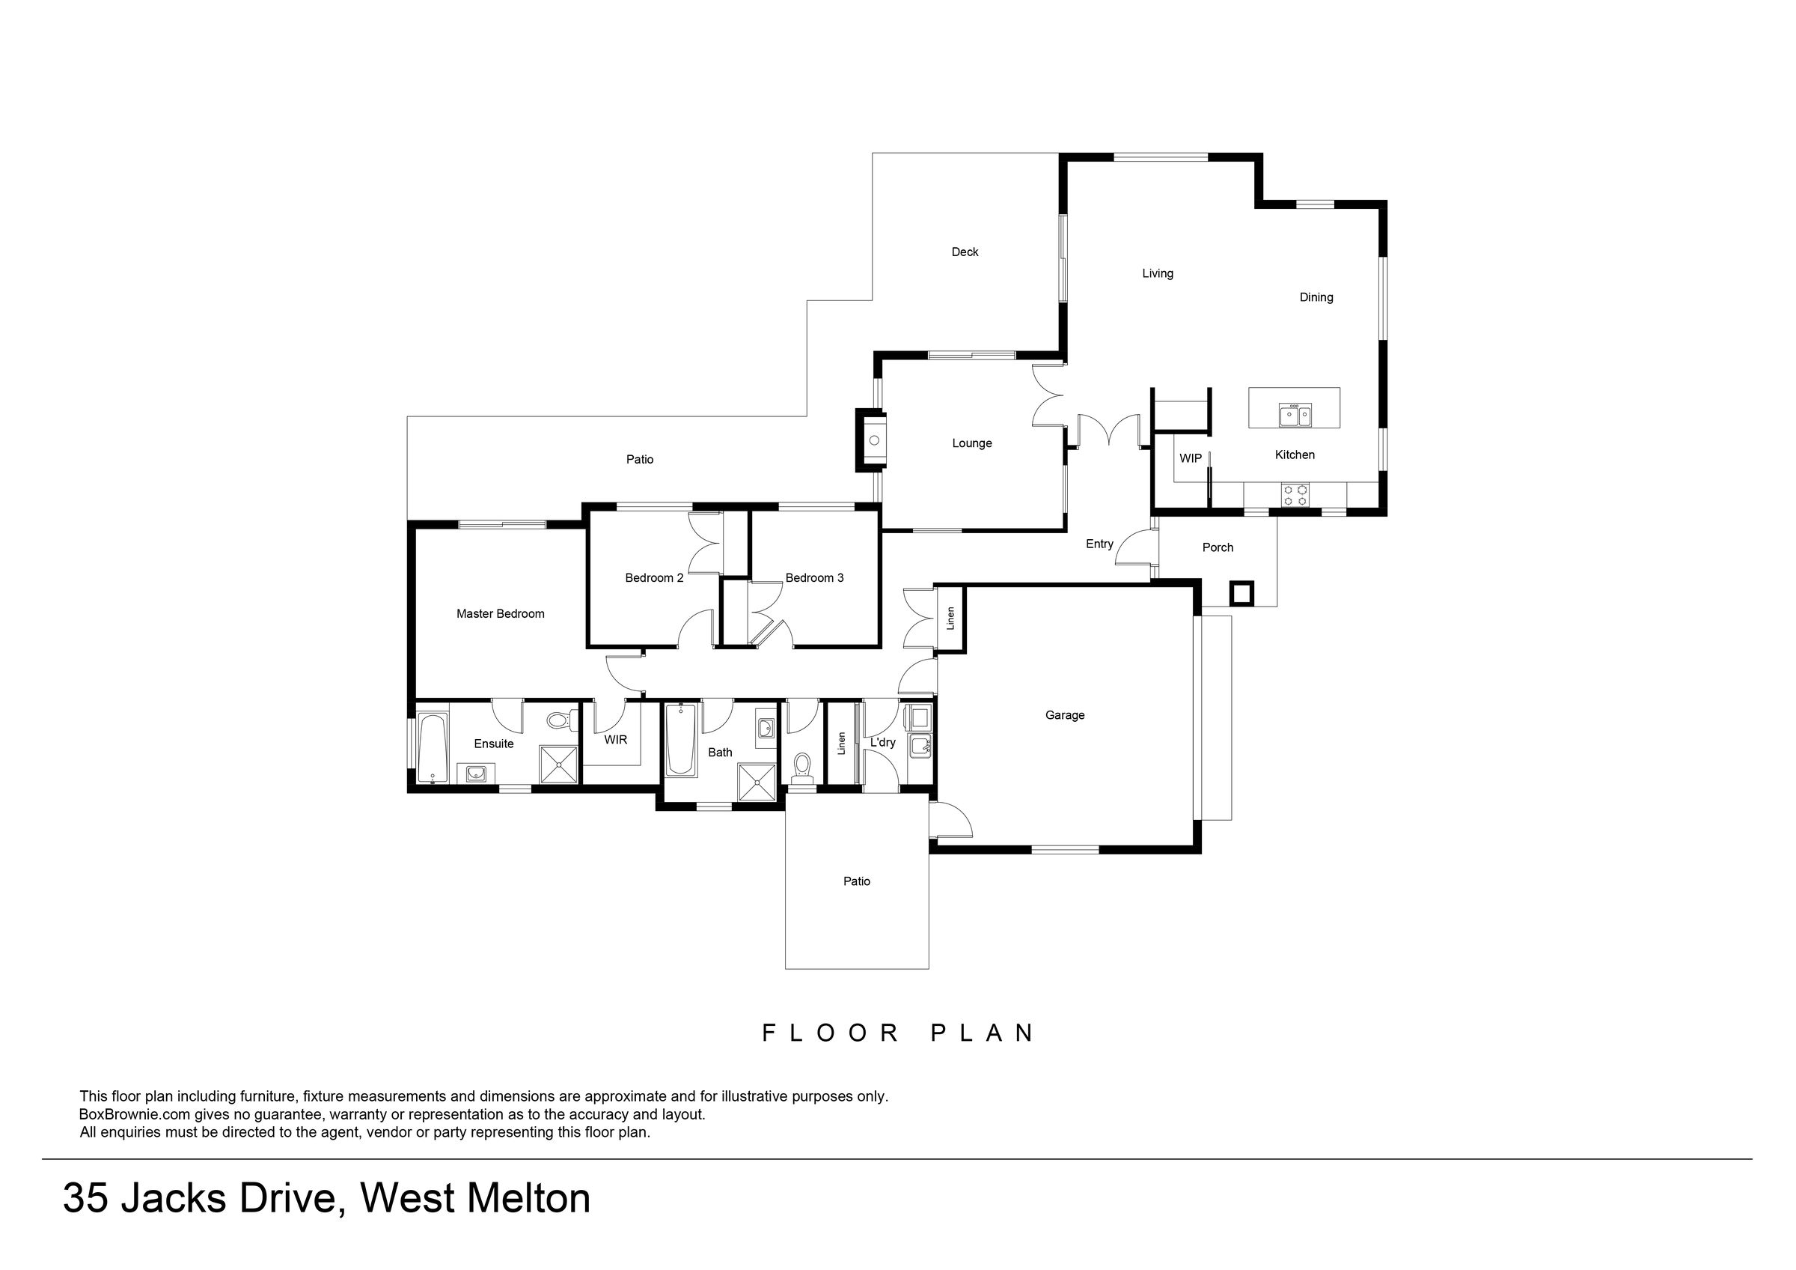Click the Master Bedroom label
tap(501, 614)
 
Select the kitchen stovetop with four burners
tap(1295, 495)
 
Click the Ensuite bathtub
tap(433, 747)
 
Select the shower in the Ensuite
tap(558, 765)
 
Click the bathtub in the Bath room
tap(680, 741)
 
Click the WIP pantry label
tap(1191, 458)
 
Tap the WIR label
tap(616, 740)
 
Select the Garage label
tap(1065, 715)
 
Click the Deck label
tap(965, 252)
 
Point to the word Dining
tap(1316, 297)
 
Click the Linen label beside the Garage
tap(950, 619)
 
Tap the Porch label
tap(1218, 547)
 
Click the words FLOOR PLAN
tap(899, 1033)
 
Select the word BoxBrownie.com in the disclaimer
tap(135, 1114)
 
